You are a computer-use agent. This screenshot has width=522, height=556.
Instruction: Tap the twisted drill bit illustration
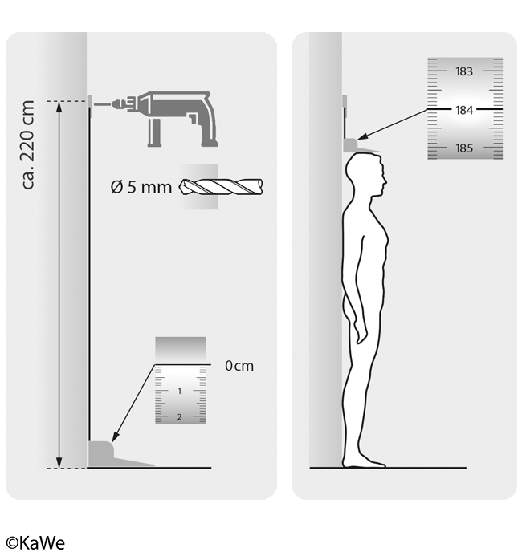(221, 186)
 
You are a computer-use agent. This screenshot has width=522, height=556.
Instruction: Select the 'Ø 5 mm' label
(141, 187)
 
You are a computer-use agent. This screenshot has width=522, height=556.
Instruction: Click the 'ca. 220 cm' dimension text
(28, 144)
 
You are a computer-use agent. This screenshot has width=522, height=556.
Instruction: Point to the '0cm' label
(239, 366)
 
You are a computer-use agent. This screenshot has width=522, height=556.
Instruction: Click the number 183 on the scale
(464, 71)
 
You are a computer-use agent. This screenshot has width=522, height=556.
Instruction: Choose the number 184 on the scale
(464, 110)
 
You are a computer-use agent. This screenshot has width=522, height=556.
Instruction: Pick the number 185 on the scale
(464, 148)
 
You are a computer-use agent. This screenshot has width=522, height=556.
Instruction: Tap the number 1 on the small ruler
(180, 391)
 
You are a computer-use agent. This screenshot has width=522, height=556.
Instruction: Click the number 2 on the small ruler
(180, 416)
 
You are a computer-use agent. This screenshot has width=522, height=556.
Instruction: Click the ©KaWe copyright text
(36, 543)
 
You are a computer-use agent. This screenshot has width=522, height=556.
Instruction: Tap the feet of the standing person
(364, 463)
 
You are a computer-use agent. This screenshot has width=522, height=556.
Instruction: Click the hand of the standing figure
(361, 333)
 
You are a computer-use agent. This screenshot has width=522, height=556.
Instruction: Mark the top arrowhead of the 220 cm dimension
(59, 107)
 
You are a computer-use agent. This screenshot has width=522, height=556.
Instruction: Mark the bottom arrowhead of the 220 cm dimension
(59, 462)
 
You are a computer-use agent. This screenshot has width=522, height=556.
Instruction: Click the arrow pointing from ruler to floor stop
(134, 404)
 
